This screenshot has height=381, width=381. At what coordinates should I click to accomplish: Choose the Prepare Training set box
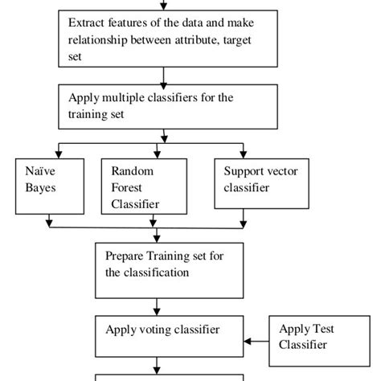coord(168,265)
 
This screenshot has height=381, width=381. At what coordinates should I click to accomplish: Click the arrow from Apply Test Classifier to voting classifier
coord(257,342)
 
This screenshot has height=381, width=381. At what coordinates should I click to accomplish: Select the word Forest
coord(126,187)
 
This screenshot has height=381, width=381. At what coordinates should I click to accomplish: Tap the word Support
coord(244,171)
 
